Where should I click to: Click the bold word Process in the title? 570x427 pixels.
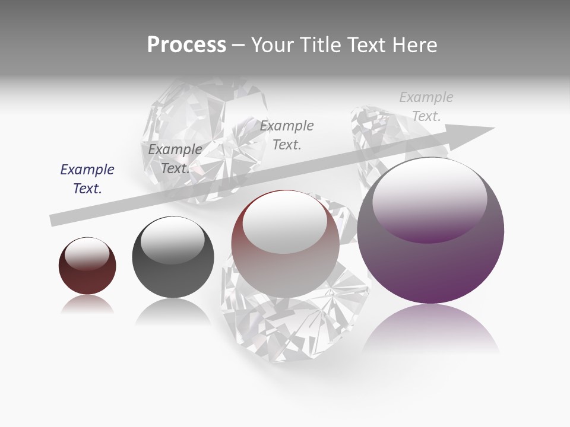click(186, 45)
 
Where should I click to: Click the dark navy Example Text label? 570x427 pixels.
click(87, 179)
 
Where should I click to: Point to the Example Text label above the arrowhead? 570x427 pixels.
click(426, 107)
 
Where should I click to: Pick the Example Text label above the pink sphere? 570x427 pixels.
click(287, 135)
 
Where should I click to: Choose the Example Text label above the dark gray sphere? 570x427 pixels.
click(175, 159)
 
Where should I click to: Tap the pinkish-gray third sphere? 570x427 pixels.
click(285, 261)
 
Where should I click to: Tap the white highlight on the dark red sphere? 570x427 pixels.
click(87, 253)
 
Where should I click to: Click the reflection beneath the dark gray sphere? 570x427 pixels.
click(173, 311)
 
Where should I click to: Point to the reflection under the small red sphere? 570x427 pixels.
click(87, 305)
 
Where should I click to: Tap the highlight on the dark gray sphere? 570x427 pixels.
click(172, 240)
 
